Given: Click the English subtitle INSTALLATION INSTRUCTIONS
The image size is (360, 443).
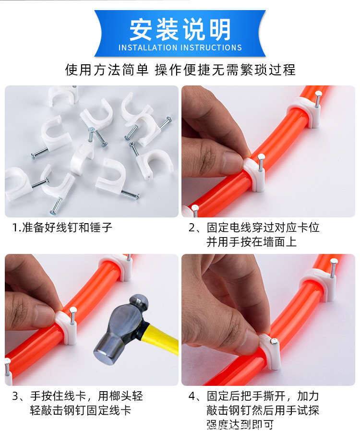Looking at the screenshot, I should pyautogui.click(x=180, y=48).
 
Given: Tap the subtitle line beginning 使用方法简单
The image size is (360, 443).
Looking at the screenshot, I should pyautogui.click(x=180, y=70).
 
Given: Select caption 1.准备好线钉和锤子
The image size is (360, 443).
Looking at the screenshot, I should pyautogui.click(x=62, y=227).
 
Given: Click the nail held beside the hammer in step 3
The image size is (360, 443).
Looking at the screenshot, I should pyautogui.click(x=73, y=317).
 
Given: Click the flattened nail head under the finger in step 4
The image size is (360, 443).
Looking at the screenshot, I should pyautogui.click(x=273, y=342).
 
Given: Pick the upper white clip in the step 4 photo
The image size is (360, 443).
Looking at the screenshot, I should pyautogui.click(x=317, y=283).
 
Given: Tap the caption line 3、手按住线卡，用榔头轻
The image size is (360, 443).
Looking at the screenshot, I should pyautogui.click(x=77, y=396).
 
